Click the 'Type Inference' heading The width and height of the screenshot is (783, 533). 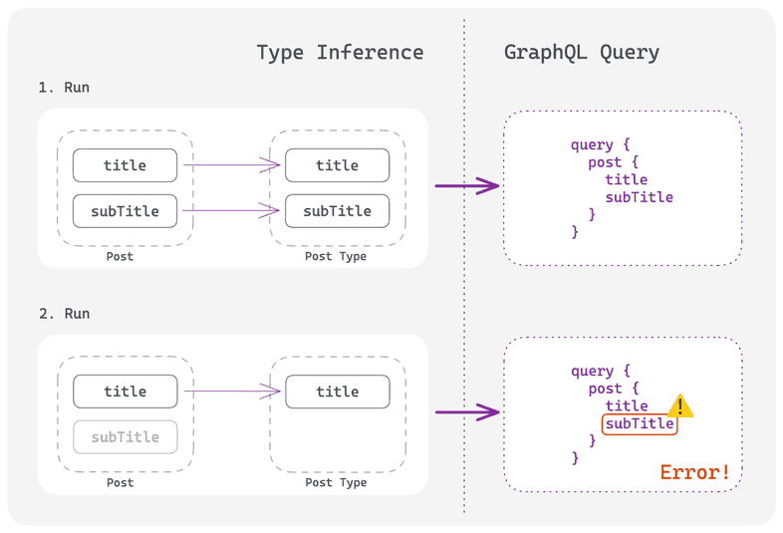click(340, 53)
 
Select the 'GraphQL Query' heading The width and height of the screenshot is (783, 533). click(582, 53)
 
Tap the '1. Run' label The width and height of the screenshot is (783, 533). click(64, 88)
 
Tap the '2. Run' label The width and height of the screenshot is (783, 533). click(64, 314)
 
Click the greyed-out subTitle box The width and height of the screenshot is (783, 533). click(126, 437)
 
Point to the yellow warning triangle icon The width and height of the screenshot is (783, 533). click(680, 406)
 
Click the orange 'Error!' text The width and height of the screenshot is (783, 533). click(695, 472)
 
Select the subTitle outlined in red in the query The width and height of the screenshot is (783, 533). click(640, 424)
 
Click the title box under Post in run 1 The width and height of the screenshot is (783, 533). click(126, 165)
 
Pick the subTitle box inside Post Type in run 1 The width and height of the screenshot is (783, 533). click(337, 211)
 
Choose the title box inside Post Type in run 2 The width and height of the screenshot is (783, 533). click(337, 392)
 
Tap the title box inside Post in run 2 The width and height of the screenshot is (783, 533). click(126, 392)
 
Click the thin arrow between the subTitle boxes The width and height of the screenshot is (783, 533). click(230, 211)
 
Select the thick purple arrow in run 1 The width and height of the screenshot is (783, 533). click(466, 186)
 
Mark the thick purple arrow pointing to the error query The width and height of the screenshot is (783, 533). click(466, 411)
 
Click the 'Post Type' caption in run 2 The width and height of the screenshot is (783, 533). click(336, 483)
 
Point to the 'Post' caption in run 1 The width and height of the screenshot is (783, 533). click(120, 257)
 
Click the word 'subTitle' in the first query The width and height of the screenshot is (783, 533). click(640, 197)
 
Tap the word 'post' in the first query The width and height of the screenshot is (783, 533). click(605, 162)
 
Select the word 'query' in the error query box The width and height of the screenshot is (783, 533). click(592, 372)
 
